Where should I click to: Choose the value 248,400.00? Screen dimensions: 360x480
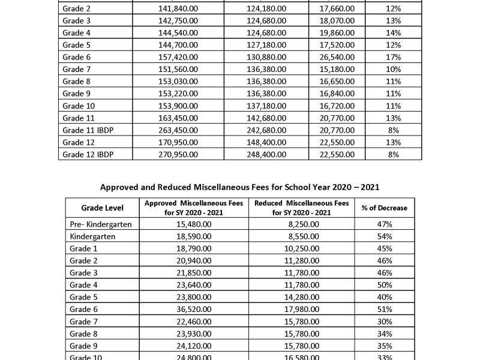click(267, 154)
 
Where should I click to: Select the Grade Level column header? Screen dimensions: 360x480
click(103, 208)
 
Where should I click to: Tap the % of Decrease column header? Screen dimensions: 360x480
click(384, 208)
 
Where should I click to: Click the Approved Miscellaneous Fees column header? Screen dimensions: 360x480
click(193, 208)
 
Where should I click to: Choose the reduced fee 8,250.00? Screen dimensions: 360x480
click(302, 224)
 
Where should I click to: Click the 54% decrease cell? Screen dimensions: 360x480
click(384, 236)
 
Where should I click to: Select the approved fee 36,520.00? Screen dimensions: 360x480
click(194, 309)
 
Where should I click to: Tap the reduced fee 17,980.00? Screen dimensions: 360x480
click(302, 309)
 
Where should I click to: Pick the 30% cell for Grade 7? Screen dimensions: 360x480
click(384, 322)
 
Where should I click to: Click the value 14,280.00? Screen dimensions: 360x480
click(302, 297)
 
